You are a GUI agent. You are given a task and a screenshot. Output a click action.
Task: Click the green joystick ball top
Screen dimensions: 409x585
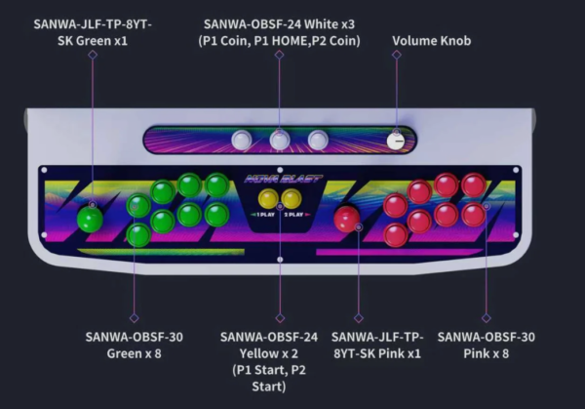click(91, 218)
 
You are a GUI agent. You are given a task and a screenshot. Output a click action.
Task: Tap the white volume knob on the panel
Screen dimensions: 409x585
click(396, 140)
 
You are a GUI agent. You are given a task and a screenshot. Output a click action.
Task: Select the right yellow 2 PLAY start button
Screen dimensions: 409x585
click(291, 199)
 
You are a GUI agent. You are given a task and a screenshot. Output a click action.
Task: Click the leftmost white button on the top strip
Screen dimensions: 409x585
click(241, 140)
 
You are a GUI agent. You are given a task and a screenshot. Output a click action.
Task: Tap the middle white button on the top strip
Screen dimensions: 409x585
click(280, 140)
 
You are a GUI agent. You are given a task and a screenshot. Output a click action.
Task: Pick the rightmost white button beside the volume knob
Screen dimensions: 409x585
click(318, 140)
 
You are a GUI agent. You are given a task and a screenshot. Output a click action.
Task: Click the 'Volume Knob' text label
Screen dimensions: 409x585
click(432, 41)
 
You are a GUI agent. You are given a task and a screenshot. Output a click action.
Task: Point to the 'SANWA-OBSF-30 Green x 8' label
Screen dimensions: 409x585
click(135, 345)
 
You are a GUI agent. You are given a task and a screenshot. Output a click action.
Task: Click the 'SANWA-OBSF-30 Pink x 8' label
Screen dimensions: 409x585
click(486, 345)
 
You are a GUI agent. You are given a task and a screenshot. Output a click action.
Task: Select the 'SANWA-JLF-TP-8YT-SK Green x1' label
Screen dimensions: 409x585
click(93, 28)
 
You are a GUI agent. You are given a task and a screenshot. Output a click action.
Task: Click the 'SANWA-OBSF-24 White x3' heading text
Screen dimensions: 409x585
click(280, 22)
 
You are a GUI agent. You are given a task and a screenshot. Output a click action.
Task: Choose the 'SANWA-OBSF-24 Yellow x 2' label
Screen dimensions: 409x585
click(269, 345)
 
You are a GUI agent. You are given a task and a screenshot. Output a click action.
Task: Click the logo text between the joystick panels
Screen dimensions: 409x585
click(279, 179)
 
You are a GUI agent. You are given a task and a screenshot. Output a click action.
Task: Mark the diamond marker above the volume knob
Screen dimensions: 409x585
click(396, 55)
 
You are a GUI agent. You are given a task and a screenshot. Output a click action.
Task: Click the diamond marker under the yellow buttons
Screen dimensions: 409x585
click(280, 318)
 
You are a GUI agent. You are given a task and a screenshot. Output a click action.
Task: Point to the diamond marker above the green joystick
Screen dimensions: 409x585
click(93, 55)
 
